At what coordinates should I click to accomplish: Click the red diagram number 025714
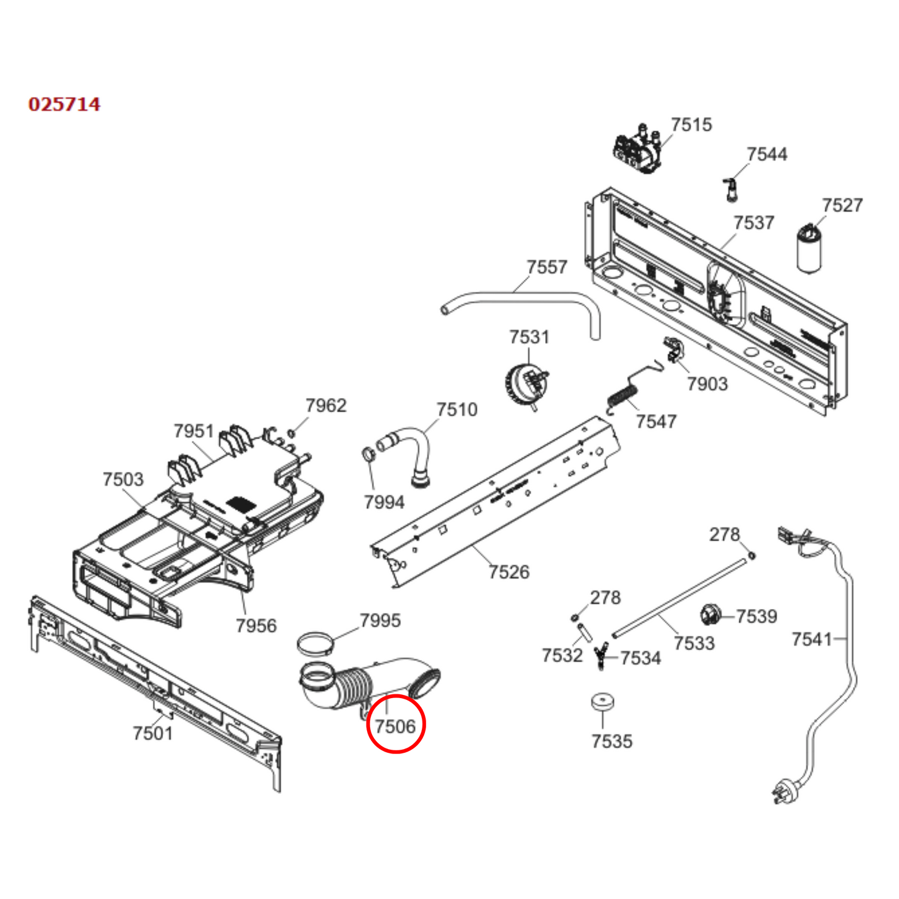[64, 104]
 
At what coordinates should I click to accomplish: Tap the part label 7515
[691, 125]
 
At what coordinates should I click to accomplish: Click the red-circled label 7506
[395, 725]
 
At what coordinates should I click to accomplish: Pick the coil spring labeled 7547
[623, 397]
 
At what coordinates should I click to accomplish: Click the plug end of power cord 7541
[781, 792]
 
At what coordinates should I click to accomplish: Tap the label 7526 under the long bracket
[508, 572]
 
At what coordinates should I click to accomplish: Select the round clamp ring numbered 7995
[314, 643]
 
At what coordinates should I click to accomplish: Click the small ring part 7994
[368, 453]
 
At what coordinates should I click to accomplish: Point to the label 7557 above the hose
[546, 267]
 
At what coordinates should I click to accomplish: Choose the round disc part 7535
[602, 702]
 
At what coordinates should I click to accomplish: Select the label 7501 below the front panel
[152, 733]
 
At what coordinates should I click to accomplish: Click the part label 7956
[256, 625]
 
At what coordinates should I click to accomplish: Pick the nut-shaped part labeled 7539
[709, 615]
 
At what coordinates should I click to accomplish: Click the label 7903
[707, 384]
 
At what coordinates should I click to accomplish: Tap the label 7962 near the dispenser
[325, 406]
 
